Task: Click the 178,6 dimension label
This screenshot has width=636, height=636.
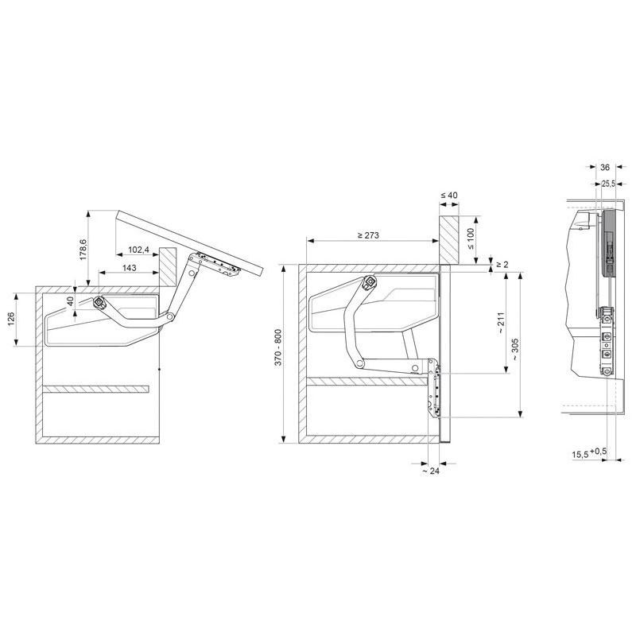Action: click(x=83, y=250)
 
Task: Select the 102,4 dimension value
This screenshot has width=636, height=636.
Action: click(x=138, y=250)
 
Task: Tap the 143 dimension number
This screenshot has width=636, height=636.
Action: click(x=129, y=268)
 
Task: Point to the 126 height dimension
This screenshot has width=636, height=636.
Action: click(x=10, y=320)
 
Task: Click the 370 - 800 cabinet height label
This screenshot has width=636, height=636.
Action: click(x=278, y=347)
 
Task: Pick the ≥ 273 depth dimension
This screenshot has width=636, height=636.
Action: click(x=368, y=235)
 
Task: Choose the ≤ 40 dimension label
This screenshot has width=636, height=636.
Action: click(x=449, y=195)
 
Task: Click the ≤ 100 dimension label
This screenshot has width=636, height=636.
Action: click(x=471, y=239)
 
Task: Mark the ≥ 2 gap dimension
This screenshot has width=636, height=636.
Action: click(x=502, y=265)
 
